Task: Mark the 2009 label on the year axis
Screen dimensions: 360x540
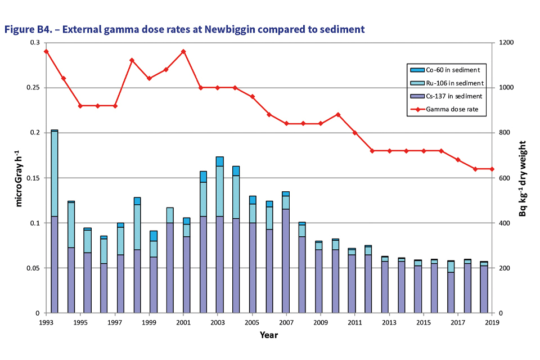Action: [321, 323]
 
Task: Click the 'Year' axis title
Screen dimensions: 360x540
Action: [268, 335]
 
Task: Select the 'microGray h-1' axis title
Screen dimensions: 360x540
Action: [19, 178]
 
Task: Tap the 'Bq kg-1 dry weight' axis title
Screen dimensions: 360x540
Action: [523, 178]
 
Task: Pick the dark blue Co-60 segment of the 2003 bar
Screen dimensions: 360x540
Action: [219, 161]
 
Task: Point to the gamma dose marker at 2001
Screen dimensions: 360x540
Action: [183, 52]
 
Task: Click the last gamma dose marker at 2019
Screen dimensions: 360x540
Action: [492, 169]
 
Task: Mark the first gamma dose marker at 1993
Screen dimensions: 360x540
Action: [46, 52]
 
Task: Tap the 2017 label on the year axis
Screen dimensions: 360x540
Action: [458, 323]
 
